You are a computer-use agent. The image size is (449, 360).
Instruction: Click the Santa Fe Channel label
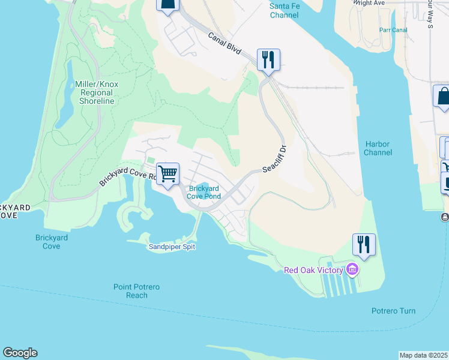[x=284, y=10]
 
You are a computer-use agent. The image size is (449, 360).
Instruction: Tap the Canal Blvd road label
[x=224, y=45]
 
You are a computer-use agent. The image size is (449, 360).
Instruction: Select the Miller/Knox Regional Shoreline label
[x=97, y=92]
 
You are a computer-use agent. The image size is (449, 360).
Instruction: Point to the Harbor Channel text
[x=378, y=148]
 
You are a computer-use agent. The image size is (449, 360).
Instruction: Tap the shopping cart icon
[x=168, y=173]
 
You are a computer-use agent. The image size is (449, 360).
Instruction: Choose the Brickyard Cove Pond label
[x=203, y=192]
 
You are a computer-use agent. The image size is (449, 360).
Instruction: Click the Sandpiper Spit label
[x=172, y=247]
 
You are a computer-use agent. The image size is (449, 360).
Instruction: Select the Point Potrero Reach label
[x=137, y=291]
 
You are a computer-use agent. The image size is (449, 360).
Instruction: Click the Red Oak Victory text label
[x=313, y=270]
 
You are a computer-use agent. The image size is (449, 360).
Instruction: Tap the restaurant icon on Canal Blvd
[x=268, y=59]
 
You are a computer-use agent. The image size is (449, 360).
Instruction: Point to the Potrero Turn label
[x=393, y=311]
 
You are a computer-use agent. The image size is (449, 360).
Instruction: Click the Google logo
[x=20, y=353]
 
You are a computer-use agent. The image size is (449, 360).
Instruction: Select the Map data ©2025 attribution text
[x=424, y=355]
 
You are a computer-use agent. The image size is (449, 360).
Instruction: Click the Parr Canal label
[x=393, y=30]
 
